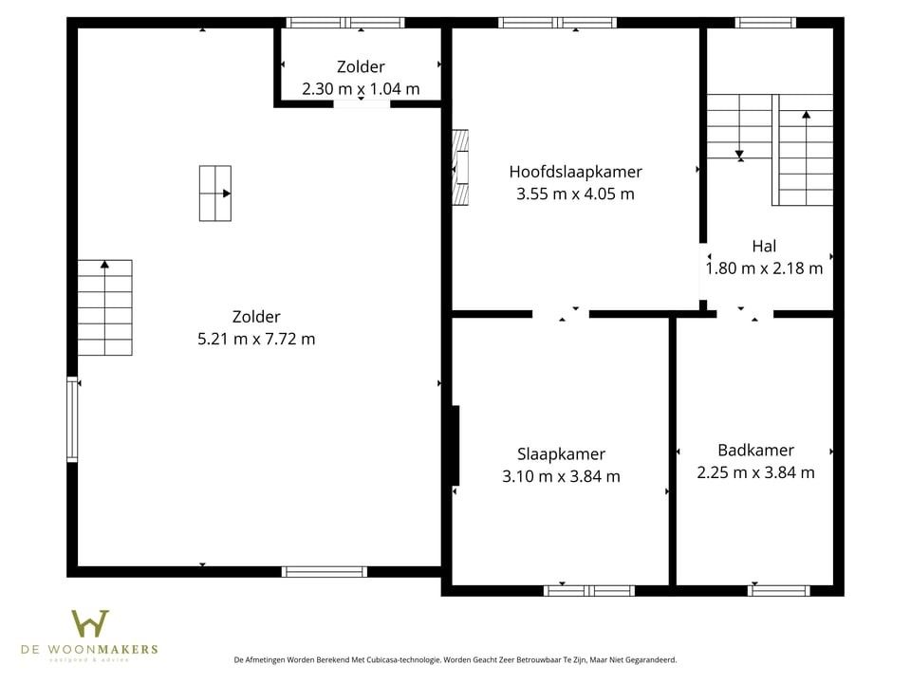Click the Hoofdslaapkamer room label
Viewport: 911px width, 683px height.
(575, 172)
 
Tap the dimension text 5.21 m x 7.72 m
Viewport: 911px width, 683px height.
(256, 339)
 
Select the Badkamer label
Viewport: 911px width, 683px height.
(755, 451)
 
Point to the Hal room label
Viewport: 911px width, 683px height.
(764, 247)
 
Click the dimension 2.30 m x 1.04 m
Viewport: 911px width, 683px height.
(361, 89)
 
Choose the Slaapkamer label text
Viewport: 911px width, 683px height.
(561, 454)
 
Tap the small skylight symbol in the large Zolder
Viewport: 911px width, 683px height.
(214, 194)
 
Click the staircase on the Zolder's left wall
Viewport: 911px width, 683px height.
(104, 308)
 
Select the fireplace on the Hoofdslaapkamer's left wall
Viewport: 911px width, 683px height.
(461, 169)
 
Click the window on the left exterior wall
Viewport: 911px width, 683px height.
(72, 419)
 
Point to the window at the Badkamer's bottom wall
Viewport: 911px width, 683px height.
(778, 590)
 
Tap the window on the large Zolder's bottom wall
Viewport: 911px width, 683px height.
(324, 571)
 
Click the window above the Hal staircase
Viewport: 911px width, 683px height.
(765, 23)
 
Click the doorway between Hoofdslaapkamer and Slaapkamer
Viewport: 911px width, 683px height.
(560, 314)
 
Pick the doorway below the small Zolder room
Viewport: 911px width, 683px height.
(362, 103)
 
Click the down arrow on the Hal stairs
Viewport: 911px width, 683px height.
(738, 153)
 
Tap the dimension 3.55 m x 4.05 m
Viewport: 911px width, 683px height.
(575, 194)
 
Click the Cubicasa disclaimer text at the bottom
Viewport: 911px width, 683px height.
(455, 659)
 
